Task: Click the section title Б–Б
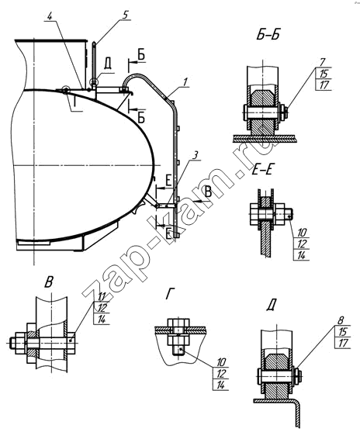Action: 268,36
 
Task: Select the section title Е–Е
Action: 262,171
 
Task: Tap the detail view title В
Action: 49,282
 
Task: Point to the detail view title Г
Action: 170,295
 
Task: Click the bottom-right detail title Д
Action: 272,306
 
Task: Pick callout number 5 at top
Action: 125,16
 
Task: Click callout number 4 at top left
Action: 50,16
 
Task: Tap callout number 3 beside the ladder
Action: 195,156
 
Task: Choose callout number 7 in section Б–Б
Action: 323,62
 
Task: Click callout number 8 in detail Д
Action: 341,320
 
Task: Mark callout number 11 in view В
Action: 102,297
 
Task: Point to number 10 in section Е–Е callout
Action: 302,233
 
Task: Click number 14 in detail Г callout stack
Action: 220,385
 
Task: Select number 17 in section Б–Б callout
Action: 324,85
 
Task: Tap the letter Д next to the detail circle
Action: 108,64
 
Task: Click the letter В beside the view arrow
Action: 209,192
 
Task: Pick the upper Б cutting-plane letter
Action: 141,55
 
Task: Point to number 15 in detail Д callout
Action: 343,332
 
